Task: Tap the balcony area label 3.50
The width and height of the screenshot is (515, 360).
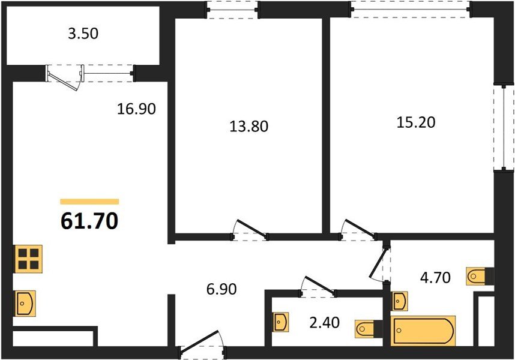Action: click(83, 34)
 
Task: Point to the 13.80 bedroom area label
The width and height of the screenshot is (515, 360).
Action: click(248, 127)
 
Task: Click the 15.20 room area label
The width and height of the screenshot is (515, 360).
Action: click(415, 122)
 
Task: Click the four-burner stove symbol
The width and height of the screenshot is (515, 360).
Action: click(28, 259)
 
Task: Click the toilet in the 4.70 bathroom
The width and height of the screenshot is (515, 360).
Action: click(479, 277)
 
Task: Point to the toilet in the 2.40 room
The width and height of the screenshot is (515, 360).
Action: click(368, 328)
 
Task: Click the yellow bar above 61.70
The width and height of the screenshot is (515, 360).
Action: click(89, 202)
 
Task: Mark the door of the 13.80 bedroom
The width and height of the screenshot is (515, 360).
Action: click(250, 229)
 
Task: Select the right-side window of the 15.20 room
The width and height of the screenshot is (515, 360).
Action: click(500, 127)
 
